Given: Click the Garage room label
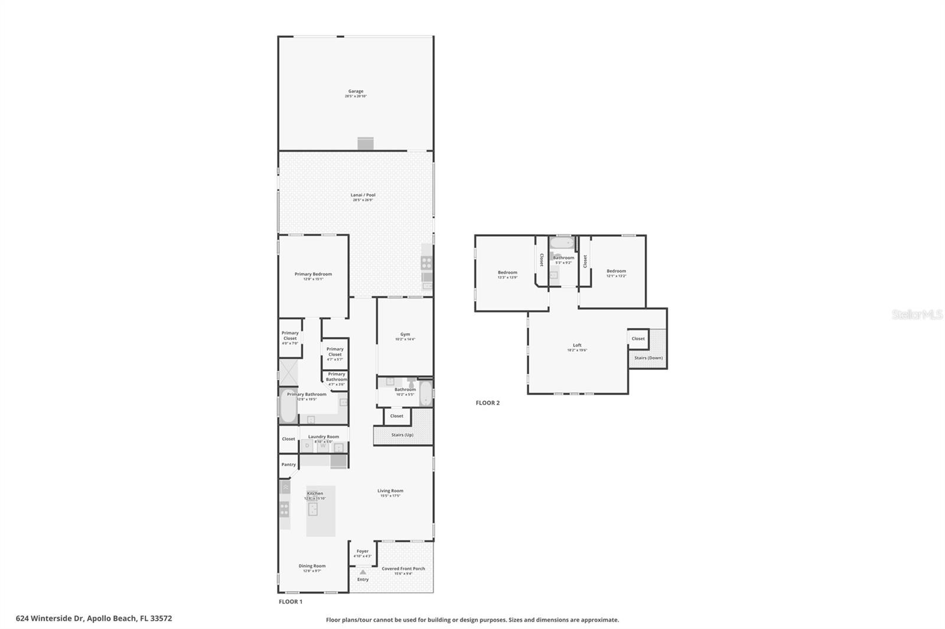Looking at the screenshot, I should [x=356, y=91].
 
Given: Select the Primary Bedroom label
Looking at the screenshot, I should [x=313, y=274].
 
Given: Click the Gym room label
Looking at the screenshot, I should [x=405, y=335].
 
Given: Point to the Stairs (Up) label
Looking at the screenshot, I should [x=402, y=435].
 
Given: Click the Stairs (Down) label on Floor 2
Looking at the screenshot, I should [x=648, y=358].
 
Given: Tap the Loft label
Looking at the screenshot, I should [x=577, y=345].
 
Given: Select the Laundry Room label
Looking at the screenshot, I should [x=324, y=437].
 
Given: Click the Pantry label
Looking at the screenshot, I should [x=288, y=464].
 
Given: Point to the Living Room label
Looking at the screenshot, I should [x=390, y=491].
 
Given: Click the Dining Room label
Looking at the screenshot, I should [x=312, y=566].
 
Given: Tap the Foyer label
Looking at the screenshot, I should [x=362, y=551].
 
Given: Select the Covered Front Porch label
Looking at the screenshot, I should [x=403, y=569].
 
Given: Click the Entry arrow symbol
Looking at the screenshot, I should [x=363, y=572].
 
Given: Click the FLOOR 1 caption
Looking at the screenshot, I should [x=291, y=602].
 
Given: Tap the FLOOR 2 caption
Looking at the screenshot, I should [x=488, y=403].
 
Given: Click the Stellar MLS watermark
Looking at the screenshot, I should [x=917, y=315].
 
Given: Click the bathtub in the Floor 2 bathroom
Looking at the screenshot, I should [x=562, y=243].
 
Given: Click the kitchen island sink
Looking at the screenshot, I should [x=313, y=509].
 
